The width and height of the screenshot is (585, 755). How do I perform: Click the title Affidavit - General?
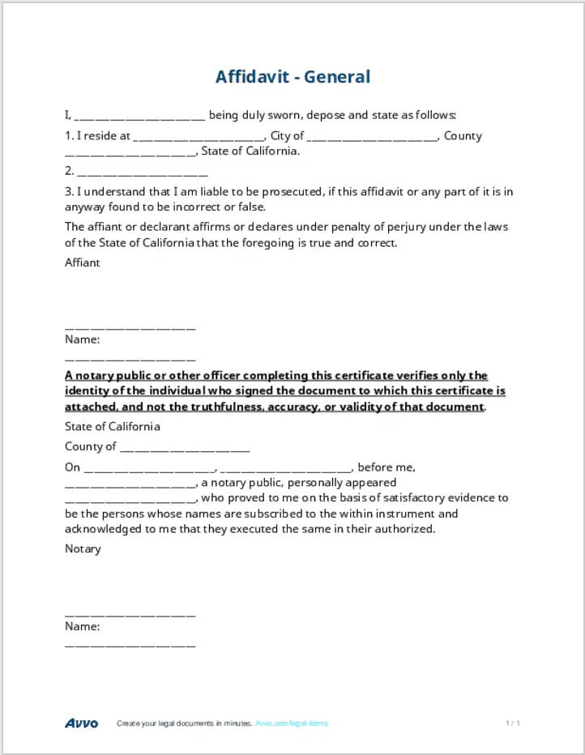click(292, 77)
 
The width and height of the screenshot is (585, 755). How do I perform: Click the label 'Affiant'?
click(83, 262)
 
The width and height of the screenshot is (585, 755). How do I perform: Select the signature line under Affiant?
click(130, 327)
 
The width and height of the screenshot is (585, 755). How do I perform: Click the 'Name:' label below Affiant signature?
click(82, 339)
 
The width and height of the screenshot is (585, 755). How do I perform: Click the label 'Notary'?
click(83, 548)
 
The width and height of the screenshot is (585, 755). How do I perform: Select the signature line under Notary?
click(130, 614)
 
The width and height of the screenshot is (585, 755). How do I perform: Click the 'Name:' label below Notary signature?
click(82, 626)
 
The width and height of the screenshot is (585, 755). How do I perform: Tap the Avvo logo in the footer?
click(82, 723)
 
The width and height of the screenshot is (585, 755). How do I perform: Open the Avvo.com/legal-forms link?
click(292, 723)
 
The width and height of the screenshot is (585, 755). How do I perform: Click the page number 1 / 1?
click(512, 723)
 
